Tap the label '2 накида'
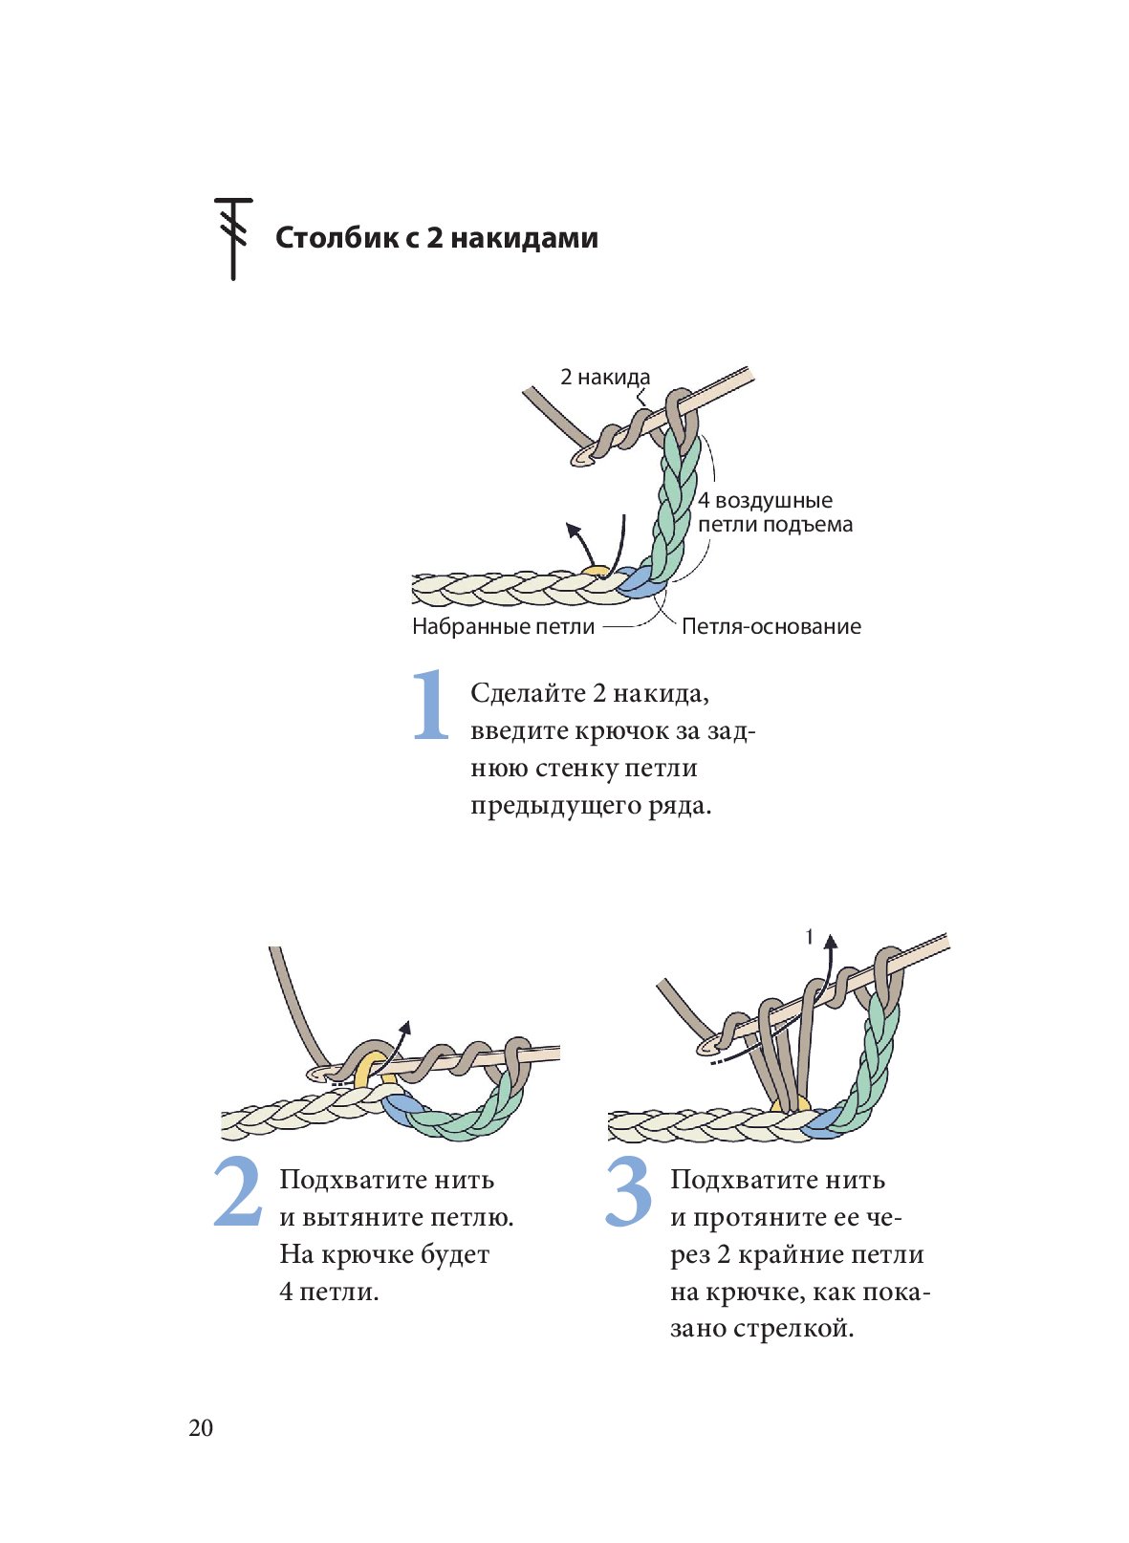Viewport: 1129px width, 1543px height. coord(604,377)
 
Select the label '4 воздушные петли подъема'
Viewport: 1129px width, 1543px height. coord(774,512)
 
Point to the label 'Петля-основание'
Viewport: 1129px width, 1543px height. coord(771,626)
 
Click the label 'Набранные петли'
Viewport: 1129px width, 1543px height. coord(503,626)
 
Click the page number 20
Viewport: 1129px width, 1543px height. coord(201,1427)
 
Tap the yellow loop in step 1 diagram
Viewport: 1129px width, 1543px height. coord(597,572)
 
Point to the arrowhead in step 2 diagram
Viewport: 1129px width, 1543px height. coord(405,1027)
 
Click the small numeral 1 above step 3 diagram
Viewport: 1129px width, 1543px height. coord(810,938)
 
